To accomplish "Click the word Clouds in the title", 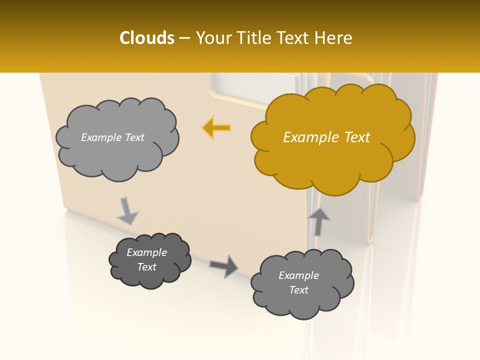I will pos(146,38).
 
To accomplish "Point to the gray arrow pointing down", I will pos(127,210).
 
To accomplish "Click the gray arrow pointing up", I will pos(318,221).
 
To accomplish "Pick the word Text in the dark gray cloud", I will pos(146,267).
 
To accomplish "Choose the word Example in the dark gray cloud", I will pos(146,252).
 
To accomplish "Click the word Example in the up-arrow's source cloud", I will pos(298,275).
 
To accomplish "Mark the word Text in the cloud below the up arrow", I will pos(298,290).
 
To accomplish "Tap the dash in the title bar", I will pos(184,38).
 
